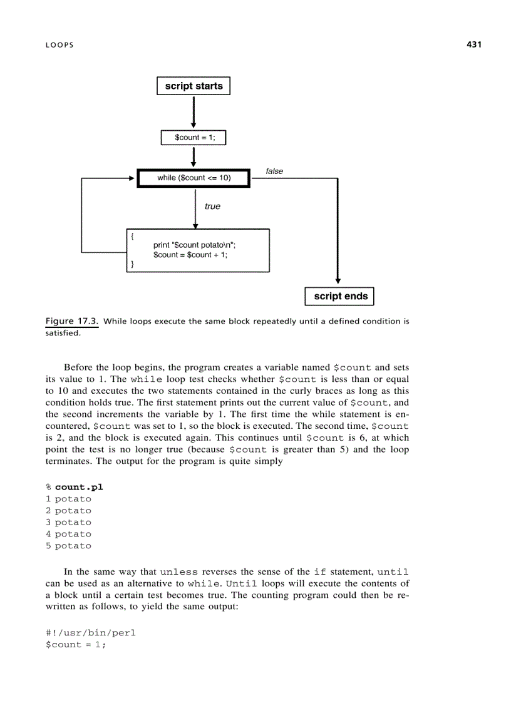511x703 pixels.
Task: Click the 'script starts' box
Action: [194, 86]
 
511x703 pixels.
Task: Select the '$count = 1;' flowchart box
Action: [194, 137]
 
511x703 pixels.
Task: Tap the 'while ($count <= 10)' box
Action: [194, 178]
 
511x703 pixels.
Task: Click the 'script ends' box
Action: [340, 296]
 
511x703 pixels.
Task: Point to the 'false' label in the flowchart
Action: [274, 171]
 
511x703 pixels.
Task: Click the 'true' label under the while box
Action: [212, 207]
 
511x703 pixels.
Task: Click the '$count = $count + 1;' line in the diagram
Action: [190, 255]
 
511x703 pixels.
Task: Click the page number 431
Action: [473, 44]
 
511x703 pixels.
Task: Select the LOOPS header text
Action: [59, 45]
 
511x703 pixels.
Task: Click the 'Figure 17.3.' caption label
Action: [72, 321]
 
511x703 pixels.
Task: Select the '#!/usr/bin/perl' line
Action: [90, 633]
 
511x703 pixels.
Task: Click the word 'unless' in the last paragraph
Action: [179, 572]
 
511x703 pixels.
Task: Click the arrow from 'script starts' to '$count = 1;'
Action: [194, 111]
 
